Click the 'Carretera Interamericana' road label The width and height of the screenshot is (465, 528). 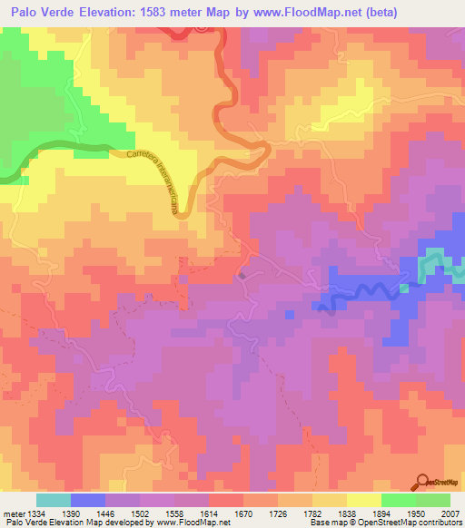(x=151, y=181)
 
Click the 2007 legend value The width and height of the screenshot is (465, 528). (x=450, y=513)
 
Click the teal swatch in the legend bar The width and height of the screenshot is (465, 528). (x=54, y=500)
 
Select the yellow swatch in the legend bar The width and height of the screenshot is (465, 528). (x=364, y=500)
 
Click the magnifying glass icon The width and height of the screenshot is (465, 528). (x=422, y=483)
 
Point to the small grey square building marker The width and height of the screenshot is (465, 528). (x=242, y=275)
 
